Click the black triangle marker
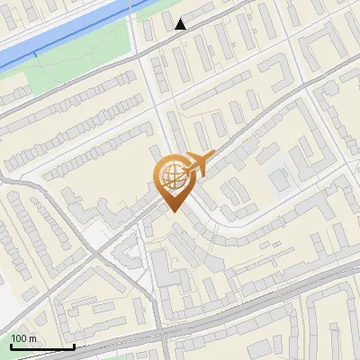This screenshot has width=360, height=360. [x=181, y=23]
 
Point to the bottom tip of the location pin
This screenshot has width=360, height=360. [x=172, y=212]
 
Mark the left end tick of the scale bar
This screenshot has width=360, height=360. [x=11, y=345]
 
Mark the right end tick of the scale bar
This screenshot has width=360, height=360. [x=74, y=345]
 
